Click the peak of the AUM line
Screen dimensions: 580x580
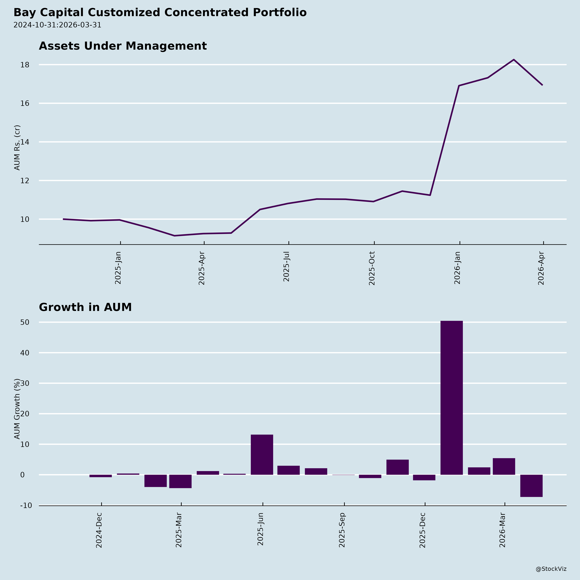click(x=514, y=60)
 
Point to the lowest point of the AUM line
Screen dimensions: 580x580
click(x=174, y=236)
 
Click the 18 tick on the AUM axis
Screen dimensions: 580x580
click(x=25, y=65)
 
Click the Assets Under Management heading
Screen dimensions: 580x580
click(x=123, y=46)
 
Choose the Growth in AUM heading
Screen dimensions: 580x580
click(x=85, y=307)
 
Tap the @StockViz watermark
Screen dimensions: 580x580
click(x=551, y=569)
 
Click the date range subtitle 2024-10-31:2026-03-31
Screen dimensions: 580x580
click(x=57, y=25)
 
